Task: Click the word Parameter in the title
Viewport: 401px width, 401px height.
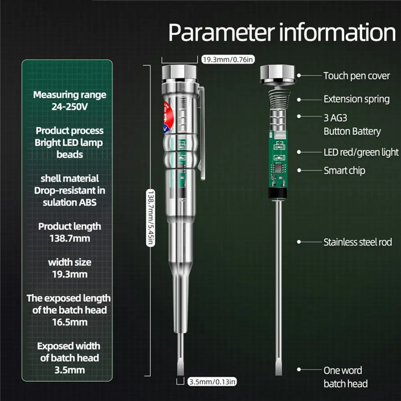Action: click(x=222, y=33)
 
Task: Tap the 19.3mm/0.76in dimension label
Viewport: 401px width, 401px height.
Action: click(x=228, y=60)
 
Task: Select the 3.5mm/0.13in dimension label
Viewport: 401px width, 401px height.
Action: click(x=212, y=382)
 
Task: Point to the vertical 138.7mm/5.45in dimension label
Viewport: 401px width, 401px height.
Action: click(x=151, y=218)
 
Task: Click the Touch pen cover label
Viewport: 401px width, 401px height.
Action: click(x=357, y=76)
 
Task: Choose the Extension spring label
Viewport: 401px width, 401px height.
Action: click(x=357, y=99)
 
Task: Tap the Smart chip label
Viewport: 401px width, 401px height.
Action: click(x=344, y=171)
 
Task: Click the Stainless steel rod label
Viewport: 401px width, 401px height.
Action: click(x=357, y=242)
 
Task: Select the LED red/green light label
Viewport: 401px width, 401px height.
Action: click(x=361, y=152)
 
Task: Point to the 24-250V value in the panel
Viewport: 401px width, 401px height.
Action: click(x=70, y=107)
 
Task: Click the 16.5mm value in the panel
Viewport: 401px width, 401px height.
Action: click(x=70, y=322)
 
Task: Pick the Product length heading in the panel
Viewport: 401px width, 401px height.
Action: click(x=70, y=227)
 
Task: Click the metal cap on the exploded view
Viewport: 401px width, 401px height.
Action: click(x=278, y=74)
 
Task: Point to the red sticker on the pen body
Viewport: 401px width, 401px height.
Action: click(x=168, y=116)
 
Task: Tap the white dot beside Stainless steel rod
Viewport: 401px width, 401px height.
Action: click(x=299, y=242)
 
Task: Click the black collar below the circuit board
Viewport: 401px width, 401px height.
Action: click(x=278, y=193)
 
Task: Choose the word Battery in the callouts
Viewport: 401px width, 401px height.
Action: click(x=367, y=131)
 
